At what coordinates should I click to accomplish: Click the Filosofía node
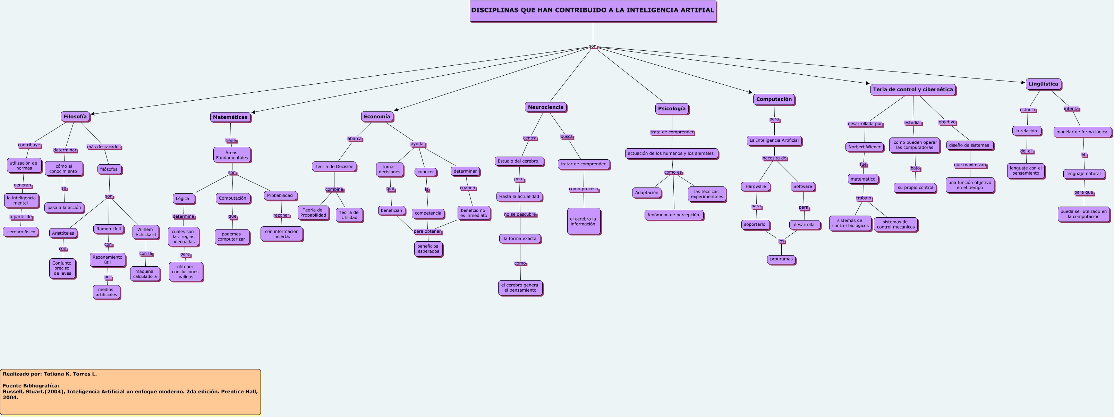pyautogui.click(x=75, y=116)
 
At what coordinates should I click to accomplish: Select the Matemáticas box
pyautogui.click(x=230, y=117)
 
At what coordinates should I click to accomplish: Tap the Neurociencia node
pyautogui.click(x=545, y=107)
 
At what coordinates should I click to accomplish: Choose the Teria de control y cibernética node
pyautogui.click(x=912, y=90)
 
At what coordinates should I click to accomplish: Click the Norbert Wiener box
pyautogui.click(x=864, y=147)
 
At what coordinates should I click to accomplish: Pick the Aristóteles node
pyautogui.click(x=63, y=233)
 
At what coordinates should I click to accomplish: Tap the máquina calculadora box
pyautogui.click(x=145, y=274)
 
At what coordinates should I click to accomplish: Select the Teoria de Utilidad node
pyautogui.click(x=349, y=215)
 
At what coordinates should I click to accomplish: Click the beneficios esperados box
pyautogui.click(x=428, y=249)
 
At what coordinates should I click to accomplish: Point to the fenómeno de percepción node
pyautogui.click(x=673, y=215)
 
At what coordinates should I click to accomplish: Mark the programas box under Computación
pyautogui.click(x=781, y=259)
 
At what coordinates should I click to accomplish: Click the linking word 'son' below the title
pyautogui.click(x=593, y=46)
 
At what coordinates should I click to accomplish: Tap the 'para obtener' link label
pyautogui.click(x=427, y=231)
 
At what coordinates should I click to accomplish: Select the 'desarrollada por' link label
pyautogui.click(x=865, y=124)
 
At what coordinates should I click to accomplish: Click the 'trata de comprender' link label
pyautogui.click(x=672, y=132)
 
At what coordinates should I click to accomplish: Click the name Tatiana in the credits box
pyautogui.click(x=54, y=374)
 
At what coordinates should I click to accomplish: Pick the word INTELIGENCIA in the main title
pyautogui.click(x=639, y=10)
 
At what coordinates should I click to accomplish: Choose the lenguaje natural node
pyautogui.click(x=1083, y=174)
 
